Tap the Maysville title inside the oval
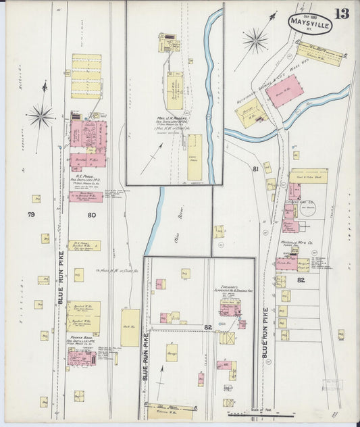(x=310, y=23)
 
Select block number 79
(x=31, y=216)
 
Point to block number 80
(x=91, y=216)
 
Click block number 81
(x=255, y=168)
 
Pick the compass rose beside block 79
(x=41, y=116)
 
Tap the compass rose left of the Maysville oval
(x=255, y=41)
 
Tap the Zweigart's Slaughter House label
(x=230, y=289)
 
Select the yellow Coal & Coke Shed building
(x=309, y=176)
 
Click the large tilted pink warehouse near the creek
(x=284, y=90)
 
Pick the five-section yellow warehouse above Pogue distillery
(x=86, y=76)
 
